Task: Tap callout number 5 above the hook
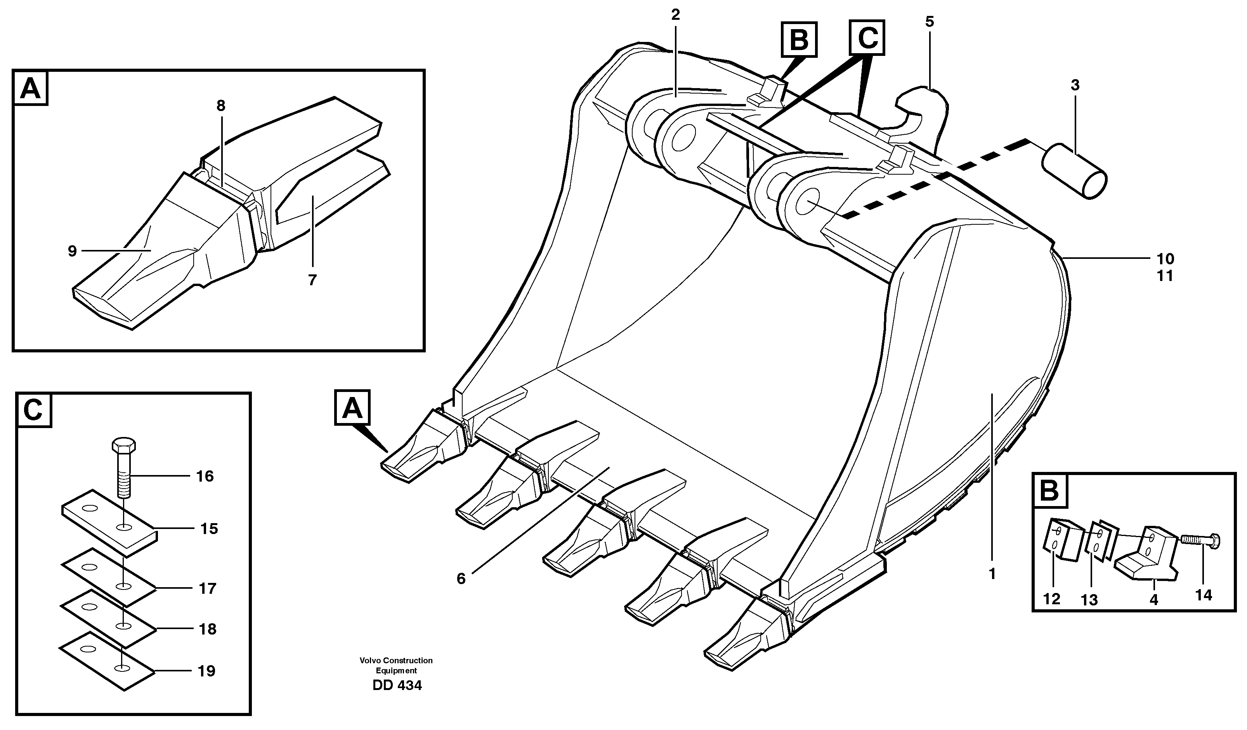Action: click(x=929, y=22)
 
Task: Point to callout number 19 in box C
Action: click(x=206, y=672)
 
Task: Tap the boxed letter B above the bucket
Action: click(x=799, y=40)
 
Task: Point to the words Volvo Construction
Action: click(x=396, y=660)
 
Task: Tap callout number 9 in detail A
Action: click(x=72, y=251)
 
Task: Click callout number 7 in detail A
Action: click(x=312, y=280)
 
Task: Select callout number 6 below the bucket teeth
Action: click(x=461, y=579)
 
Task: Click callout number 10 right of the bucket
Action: click(x=1165, y=258)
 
